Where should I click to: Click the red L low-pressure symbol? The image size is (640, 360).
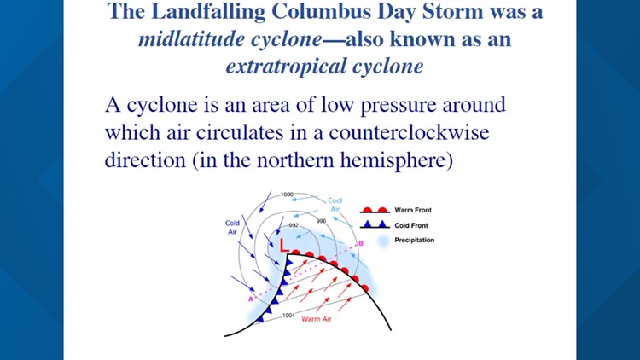point(285,245)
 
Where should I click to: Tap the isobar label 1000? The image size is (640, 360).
point(287,195)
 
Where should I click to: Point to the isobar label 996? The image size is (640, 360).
point(321,221)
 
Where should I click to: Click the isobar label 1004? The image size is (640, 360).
point(289,315)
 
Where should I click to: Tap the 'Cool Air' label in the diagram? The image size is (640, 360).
point(335,205)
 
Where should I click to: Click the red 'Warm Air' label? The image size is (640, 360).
point(317,319)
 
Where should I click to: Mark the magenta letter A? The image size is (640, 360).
point(250,299)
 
